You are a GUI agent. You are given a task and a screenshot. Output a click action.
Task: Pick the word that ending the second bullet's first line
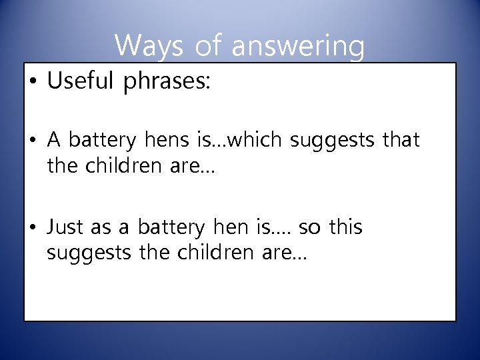tap(400, 141)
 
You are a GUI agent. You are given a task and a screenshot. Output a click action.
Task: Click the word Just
tap(65, 227)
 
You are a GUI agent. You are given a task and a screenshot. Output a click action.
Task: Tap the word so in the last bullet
tap(309, 227)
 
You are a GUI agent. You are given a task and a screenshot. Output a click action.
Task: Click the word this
tap(345, 227)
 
